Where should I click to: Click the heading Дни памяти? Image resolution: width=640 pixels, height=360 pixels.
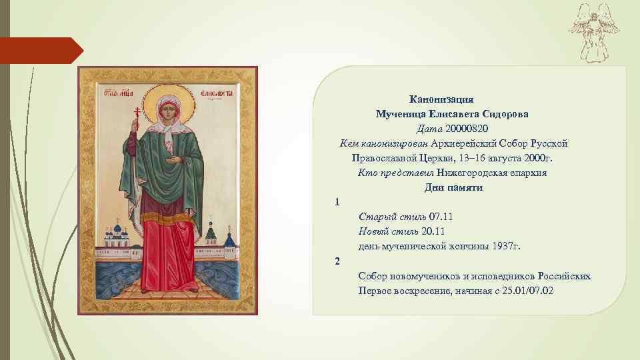[453, 187]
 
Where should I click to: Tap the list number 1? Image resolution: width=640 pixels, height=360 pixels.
[337, 202]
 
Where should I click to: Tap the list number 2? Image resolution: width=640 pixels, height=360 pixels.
[337, 261]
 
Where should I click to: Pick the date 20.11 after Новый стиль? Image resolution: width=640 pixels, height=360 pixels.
[433, 231]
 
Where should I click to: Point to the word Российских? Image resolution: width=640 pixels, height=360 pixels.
[565, 275]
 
